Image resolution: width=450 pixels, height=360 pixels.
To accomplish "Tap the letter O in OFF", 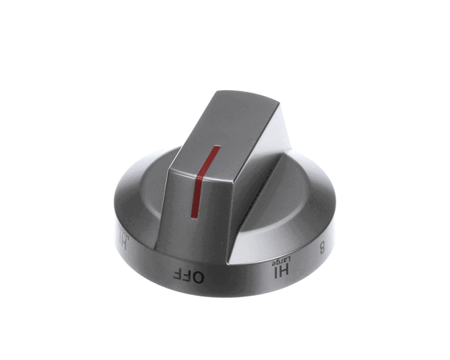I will tap(199, 275).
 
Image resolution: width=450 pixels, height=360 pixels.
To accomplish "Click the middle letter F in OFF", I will tap(188, 274).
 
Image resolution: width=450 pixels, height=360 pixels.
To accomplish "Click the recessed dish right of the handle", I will tap(295, 195).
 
